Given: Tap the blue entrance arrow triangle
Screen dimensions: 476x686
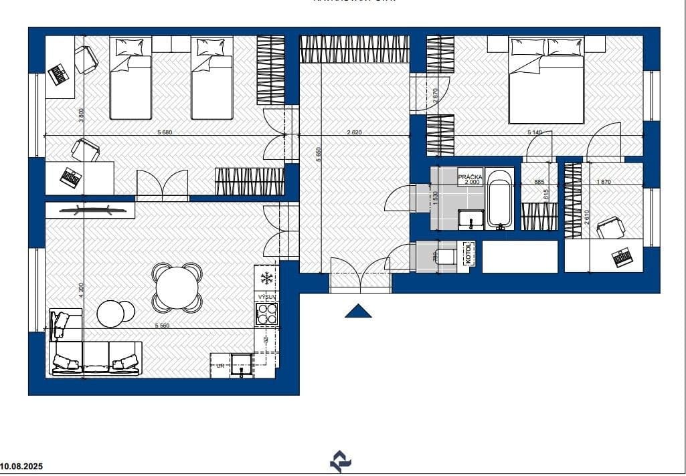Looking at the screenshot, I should point(359,311).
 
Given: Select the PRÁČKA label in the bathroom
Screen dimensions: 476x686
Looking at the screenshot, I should point(469,177).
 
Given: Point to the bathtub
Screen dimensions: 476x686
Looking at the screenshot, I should point(499,199).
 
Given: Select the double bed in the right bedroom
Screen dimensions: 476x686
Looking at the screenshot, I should point(547,80).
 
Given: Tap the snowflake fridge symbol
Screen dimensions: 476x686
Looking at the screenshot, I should point(266,277).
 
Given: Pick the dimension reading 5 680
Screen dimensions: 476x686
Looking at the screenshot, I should point(165,132).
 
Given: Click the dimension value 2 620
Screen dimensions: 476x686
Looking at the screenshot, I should point(354,132).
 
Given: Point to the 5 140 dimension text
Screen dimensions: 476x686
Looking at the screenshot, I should point(535,132).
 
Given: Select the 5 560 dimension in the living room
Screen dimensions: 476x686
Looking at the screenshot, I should point(162,326).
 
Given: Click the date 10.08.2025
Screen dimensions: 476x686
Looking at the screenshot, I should point(21,467).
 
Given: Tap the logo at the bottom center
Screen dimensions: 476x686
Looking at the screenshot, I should point(341,461).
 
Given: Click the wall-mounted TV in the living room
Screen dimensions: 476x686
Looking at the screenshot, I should point(94,209).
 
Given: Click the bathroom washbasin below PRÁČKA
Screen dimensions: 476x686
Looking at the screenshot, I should point(471,219).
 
